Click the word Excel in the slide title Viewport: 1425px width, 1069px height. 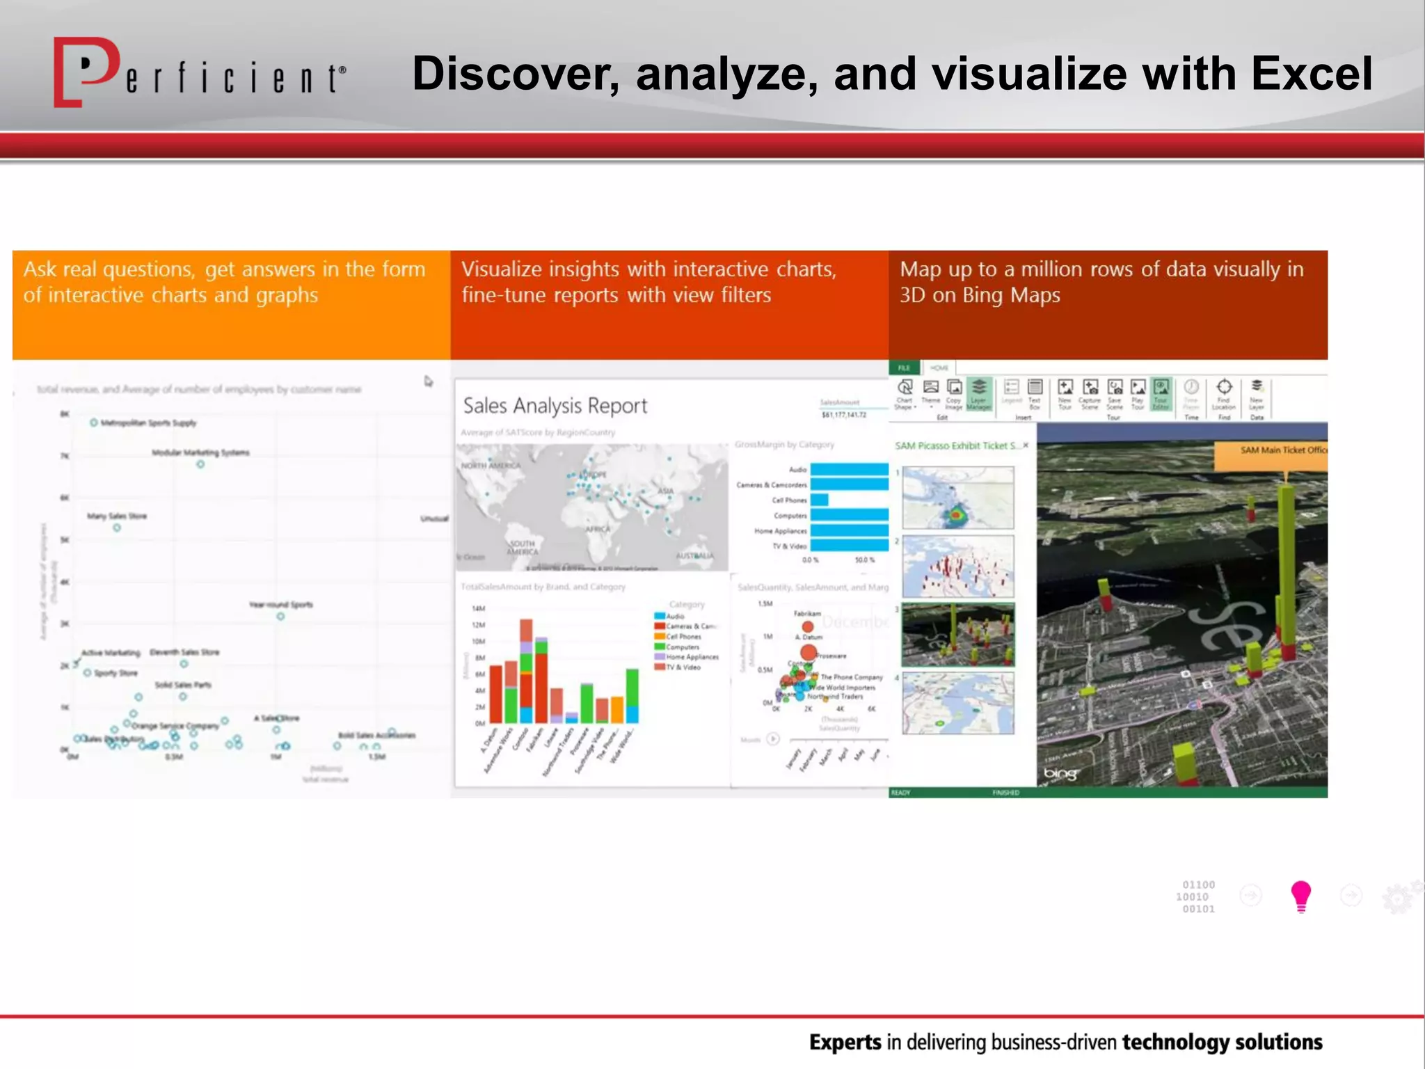pos(1311,74)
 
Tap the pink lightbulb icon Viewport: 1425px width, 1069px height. pos(1300,896)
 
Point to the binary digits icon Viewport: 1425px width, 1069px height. pos(1196,896)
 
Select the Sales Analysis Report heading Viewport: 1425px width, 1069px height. pos(555,406)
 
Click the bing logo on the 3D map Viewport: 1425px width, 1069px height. pos(1060,773)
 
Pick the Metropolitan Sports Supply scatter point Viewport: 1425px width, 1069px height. pos(94,422)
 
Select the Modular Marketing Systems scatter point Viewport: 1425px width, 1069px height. pos(200,464)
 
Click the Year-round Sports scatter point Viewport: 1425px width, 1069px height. pos(280,617)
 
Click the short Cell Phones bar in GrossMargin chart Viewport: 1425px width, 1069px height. pos(819,500)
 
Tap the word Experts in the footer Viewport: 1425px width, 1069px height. pos(845,1042)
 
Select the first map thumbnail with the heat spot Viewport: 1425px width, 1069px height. pos(957,498)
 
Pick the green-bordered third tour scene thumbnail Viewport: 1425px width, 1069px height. pos(957,634)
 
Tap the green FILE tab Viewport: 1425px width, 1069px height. pos(904,367)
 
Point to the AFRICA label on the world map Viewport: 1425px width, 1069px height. pos(598,530)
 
